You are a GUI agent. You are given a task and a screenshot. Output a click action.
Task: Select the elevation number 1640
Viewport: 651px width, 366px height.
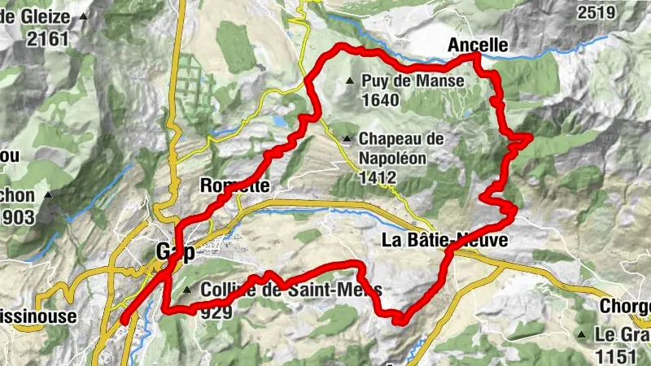(x=382, y=100)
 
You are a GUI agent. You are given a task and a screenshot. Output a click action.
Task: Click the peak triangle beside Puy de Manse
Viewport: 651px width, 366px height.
(x=350, y=81)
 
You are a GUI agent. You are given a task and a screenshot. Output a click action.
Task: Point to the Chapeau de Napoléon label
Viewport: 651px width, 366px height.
(x=400, y=139)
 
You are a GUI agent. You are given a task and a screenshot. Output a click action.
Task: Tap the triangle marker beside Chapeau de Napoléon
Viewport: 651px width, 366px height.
(x=347, y=138)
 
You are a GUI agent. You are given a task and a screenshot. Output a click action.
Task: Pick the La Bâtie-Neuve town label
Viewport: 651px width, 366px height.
(x=445, y=240)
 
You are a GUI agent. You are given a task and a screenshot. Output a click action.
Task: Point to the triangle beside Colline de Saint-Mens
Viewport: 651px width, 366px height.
(x=188, y=290)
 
